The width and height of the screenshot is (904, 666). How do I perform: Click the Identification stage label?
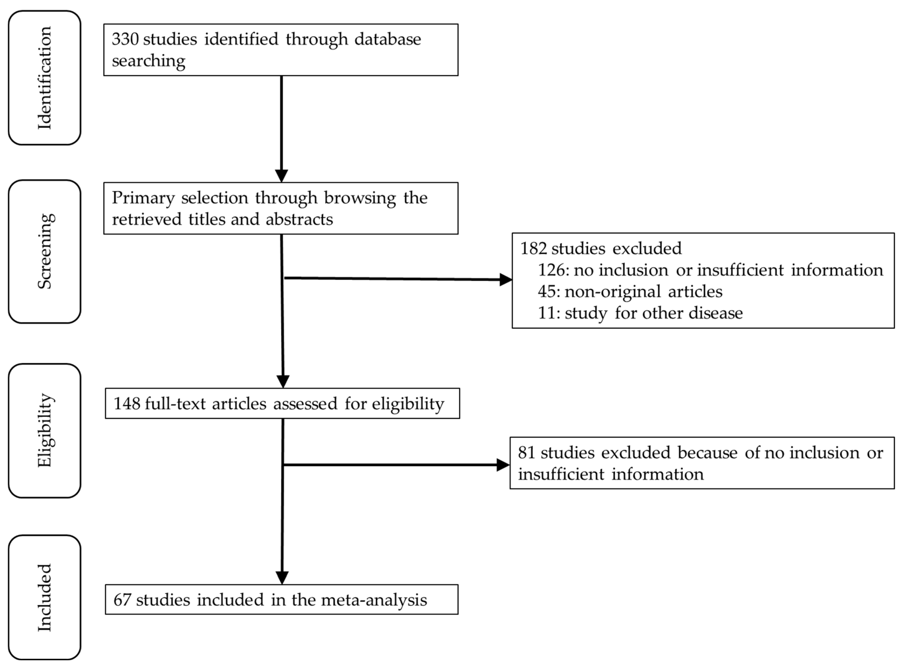[x=44, y=78]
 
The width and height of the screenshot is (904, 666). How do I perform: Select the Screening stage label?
[x=44, y=251]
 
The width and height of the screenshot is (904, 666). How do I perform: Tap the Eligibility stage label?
[x=44, y=430]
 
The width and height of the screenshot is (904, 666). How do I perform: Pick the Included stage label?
[x=44, y=598]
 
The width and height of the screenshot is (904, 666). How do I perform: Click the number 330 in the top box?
[x=125, y=39]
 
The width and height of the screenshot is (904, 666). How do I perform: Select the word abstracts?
[x=299, y=220]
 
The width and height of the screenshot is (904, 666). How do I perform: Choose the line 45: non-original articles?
[x=630, y=291]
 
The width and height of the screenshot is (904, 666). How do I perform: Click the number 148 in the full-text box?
[x=127, y=403]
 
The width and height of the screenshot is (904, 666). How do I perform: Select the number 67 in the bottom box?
[x=122, y=600]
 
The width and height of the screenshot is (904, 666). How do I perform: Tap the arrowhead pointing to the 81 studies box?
[x=503, y=465]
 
